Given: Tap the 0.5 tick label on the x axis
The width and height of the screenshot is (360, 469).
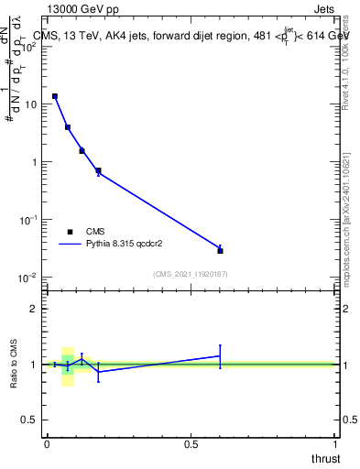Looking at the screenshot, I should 191,443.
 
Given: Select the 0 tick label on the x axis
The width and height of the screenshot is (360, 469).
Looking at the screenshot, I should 47,443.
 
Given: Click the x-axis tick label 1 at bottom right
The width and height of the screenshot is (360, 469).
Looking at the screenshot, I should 335,443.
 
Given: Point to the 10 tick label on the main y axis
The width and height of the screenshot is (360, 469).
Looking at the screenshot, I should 30,104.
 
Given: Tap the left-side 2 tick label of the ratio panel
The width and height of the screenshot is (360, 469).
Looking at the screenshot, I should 35,309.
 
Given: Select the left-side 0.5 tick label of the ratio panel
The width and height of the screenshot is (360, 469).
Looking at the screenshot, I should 30,420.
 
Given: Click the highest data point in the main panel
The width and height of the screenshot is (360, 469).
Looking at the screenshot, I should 55,96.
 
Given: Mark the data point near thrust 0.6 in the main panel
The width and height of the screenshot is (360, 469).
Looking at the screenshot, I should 220,250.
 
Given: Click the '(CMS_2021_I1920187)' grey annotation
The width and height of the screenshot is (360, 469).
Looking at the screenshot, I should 190,274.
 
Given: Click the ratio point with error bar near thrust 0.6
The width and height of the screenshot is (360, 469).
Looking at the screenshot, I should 220,355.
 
